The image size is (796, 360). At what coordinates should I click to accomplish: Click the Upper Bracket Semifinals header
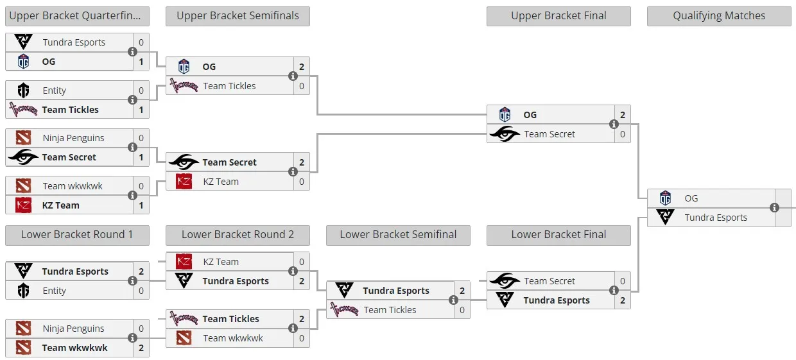click(x=238, y=16)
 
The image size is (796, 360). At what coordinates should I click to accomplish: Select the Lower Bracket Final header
click(x=558, y=235)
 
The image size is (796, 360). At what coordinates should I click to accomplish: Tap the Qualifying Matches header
click(x=719, y=16)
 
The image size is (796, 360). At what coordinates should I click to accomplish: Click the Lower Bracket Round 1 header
click(x=77, y=235)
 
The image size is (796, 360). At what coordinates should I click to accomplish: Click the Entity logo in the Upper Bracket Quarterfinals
click(x=24, y=90)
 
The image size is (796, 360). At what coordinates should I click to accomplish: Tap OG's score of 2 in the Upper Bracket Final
click(x=623, y=115)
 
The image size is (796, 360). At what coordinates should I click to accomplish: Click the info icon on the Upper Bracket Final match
click(x=614, y=124)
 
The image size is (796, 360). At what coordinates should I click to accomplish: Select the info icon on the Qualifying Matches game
click(x=774, y=207)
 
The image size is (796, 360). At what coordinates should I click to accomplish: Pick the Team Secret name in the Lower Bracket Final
click(x=549, y=281)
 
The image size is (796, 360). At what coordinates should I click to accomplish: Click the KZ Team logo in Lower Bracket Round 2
click(x=184, y=262)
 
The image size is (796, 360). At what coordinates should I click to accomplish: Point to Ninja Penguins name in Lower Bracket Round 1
click(x=74, y=329)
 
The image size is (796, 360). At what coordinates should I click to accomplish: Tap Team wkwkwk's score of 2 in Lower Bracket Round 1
click(x=141, y=348)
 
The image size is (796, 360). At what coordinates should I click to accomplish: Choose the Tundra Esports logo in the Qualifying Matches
click(x=665, y=217)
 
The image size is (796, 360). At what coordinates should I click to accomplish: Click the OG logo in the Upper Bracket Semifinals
click(x=184, y=67)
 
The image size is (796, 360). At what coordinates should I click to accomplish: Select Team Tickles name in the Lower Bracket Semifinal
click(x=390, y=310)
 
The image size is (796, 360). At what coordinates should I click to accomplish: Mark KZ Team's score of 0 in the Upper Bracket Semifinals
click(x=302, y=182)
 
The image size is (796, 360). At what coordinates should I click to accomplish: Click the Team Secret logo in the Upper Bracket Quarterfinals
click(x=24, y=157)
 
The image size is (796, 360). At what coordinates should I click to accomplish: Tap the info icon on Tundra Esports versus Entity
click(x=132, y=281)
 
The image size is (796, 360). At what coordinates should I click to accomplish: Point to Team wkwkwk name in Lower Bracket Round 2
click(x=233, y=338)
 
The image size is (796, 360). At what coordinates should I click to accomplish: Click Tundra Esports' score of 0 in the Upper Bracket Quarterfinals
click(x=141, y=42)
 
